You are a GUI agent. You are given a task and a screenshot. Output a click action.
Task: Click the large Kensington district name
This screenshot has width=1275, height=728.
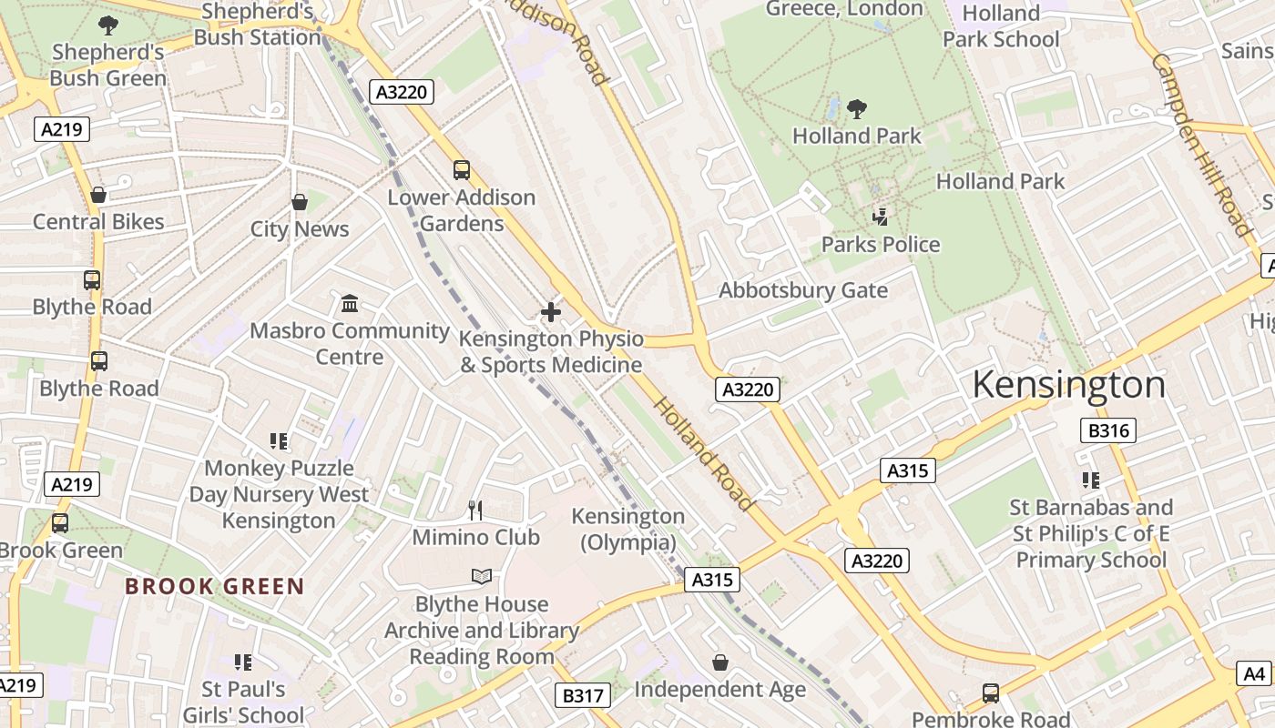pos(1068,385)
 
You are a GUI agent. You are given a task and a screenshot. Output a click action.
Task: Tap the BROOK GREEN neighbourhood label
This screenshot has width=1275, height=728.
pos(214,586)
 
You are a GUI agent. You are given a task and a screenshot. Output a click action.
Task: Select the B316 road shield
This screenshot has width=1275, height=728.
pos(1108,430)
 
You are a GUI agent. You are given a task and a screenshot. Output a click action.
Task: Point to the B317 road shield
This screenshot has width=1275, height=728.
pos(582,696)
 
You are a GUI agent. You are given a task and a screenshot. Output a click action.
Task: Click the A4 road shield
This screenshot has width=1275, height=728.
pos(1254,673)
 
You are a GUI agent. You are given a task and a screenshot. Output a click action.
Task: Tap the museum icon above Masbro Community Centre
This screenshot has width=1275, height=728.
pos(350,303)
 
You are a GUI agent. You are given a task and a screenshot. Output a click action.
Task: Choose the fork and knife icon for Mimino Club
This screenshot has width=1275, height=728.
pos(474,510)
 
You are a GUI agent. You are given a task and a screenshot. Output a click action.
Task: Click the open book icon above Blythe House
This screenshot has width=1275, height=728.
pos(482,576)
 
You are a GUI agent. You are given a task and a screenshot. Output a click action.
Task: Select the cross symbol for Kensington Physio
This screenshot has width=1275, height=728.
pos(550,312)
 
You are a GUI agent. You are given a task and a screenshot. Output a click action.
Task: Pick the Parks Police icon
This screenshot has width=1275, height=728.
pos(880,217)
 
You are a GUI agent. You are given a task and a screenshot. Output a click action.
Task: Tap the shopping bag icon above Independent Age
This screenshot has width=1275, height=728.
pos(719,662)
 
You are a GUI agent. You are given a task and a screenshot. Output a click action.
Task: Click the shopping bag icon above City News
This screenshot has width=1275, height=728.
pos(299,201)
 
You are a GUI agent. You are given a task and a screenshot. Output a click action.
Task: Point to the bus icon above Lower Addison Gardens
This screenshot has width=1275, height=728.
pos(462,169)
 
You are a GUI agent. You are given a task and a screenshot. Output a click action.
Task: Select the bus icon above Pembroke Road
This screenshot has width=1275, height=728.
pos(990,693)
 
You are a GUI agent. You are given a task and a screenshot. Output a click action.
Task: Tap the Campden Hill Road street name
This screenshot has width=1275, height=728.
pos(1201,144)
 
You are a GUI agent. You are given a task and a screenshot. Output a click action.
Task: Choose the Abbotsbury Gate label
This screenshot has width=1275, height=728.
pos(802,290)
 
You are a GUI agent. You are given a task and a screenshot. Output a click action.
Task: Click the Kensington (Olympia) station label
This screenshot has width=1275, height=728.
pos(627,529)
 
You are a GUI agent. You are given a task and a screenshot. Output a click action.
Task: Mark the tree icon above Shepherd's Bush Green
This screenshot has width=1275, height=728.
pos(108,25)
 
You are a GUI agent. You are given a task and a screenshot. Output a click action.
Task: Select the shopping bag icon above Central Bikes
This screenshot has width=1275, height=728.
pos(98,195)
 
